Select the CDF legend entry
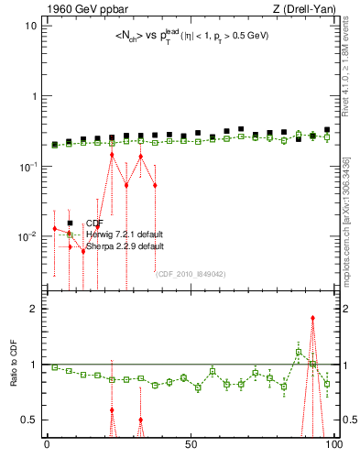(92, 223)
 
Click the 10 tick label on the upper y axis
(29, 26)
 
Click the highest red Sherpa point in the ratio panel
(313, 318)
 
